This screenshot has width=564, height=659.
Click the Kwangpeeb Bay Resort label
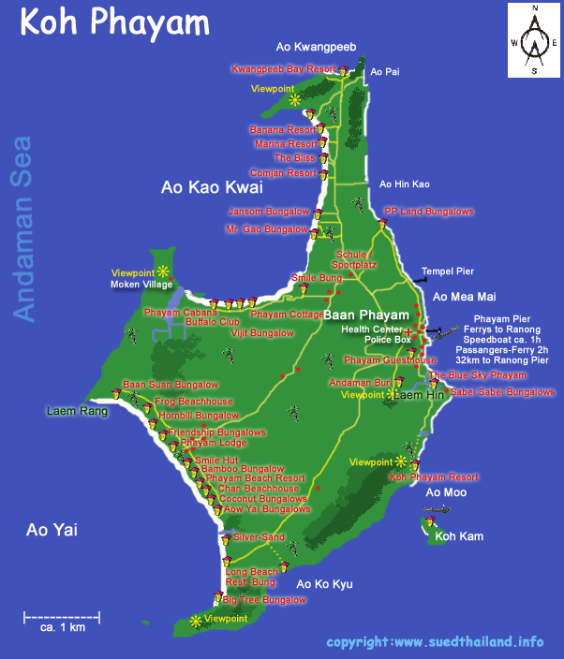pos(284,69)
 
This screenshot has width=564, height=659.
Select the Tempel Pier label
pos(451,272)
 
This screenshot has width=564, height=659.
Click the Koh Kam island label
pos(458,536)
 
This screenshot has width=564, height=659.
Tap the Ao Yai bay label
pos(51,531)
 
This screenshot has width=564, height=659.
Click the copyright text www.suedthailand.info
pos(435,642)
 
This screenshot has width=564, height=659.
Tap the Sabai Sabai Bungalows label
pos(502,392)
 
